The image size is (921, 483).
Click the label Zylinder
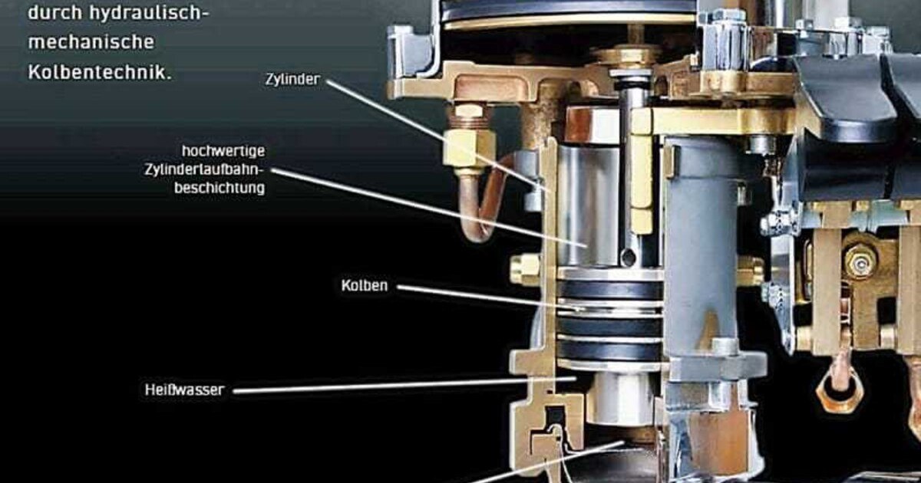point(292,79)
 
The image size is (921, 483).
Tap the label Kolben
point(365,286)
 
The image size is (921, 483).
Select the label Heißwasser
point(184,389)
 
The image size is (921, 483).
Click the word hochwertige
point(223,151)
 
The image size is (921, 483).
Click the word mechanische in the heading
point(91,42)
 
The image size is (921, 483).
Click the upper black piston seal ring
point(609,290)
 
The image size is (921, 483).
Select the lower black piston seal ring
point(609,348)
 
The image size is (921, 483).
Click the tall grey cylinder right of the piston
point(700,245)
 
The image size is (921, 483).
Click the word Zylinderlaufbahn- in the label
point(204,169)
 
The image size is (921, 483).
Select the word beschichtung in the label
point(220,187)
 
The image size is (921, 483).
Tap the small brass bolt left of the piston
point(525,269)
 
